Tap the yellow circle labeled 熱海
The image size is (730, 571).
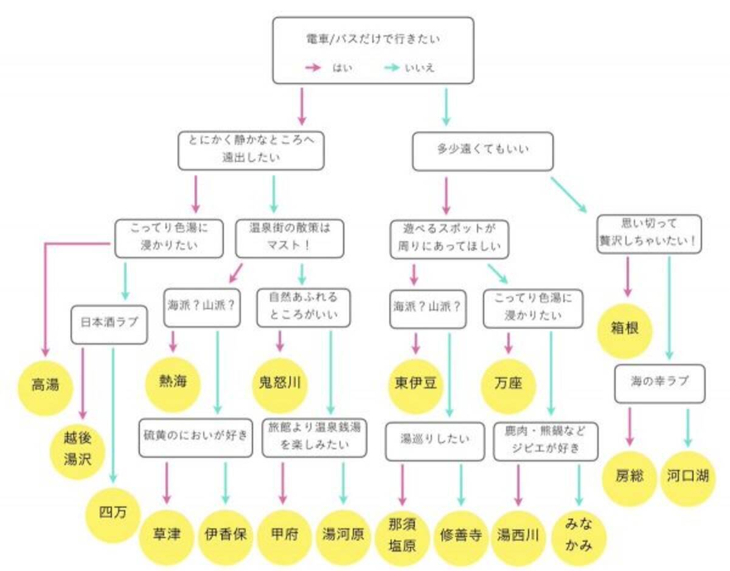172,382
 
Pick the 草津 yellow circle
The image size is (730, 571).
168,535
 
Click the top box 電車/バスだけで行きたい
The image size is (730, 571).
372,50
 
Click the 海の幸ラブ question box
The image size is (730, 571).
659,384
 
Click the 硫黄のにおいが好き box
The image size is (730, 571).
195,436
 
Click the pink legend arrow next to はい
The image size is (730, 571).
313,68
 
